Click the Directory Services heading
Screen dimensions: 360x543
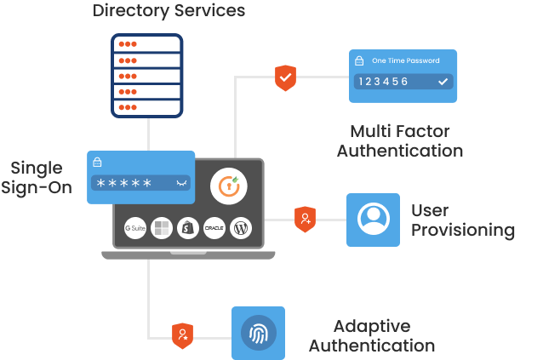[169, 11]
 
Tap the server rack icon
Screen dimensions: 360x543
[147, 75]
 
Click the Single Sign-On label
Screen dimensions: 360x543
[37, 177]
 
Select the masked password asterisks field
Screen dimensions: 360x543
[124, 183]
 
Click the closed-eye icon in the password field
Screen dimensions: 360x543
[180, 183]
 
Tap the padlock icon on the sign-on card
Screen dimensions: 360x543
[98, 162]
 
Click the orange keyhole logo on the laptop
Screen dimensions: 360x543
[228, 186]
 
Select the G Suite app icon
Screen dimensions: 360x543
[136, 228]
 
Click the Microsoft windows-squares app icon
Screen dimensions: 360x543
[162, 228]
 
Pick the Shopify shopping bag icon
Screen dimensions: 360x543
[187, 228]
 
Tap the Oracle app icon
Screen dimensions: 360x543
[214, 228]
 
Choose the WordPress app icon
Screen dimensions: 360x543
[240, 228]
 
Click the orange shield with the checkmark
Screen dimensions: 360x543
[285, 77]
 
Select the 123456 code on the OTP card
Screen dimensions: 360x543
[383, 82]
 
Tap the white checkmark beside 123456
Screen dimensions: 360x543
[442, 82]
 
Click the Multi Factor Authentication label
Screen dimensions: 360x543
[399, 141]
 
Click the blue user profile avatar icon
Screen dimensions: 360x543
[373, 220]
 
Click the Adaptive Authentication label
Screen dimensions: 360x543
[371, 336]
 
